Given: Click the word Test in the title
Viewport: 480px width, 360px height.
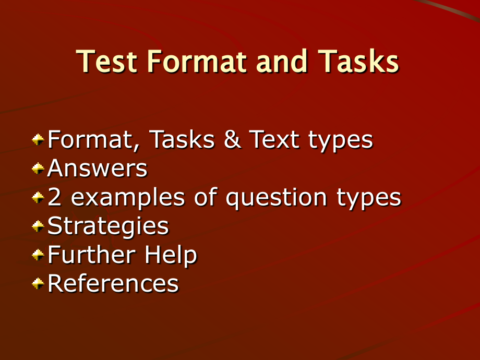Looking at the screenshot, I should pyautogui.click(x=107, y=62).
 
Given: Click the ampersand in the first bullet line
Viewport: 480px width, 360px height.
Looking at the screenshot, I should pyautogui.click(x=232, y=140).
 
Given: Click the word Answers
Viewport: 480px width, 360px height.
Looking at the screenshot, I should pyautogui.click(x=98, y=169).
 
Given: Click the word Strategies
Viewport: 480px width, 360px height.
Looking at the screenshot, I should pyautogui.click(x=108, y=226).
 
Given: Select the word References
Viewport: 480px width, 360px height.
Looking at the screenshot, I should pyautogui.click(x=113, y=284).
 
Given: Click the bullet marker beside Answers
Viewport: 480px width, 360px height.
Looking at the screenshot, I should pyautogui.click(x=38, y=169).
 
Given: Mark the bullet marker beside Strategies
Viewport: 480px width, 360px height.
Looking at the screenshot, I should pyautogui.click(x=38, y=226).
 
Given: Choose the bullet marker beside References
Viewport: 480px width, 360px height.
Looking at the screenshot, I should pyautogui.click(x=38, y=284).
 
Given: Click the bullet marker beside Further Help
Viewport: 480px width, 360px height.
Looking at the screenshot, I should pyautogui.click(x=38, y=255).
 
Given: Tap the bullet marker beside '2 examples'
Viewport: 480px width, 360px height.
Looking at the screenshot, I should pyautogui.click(x=38, y=197).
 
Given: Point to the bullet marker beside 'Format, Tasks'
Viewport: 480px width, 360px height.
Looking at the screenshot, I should pyautogui.click(x=38, y=140).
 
